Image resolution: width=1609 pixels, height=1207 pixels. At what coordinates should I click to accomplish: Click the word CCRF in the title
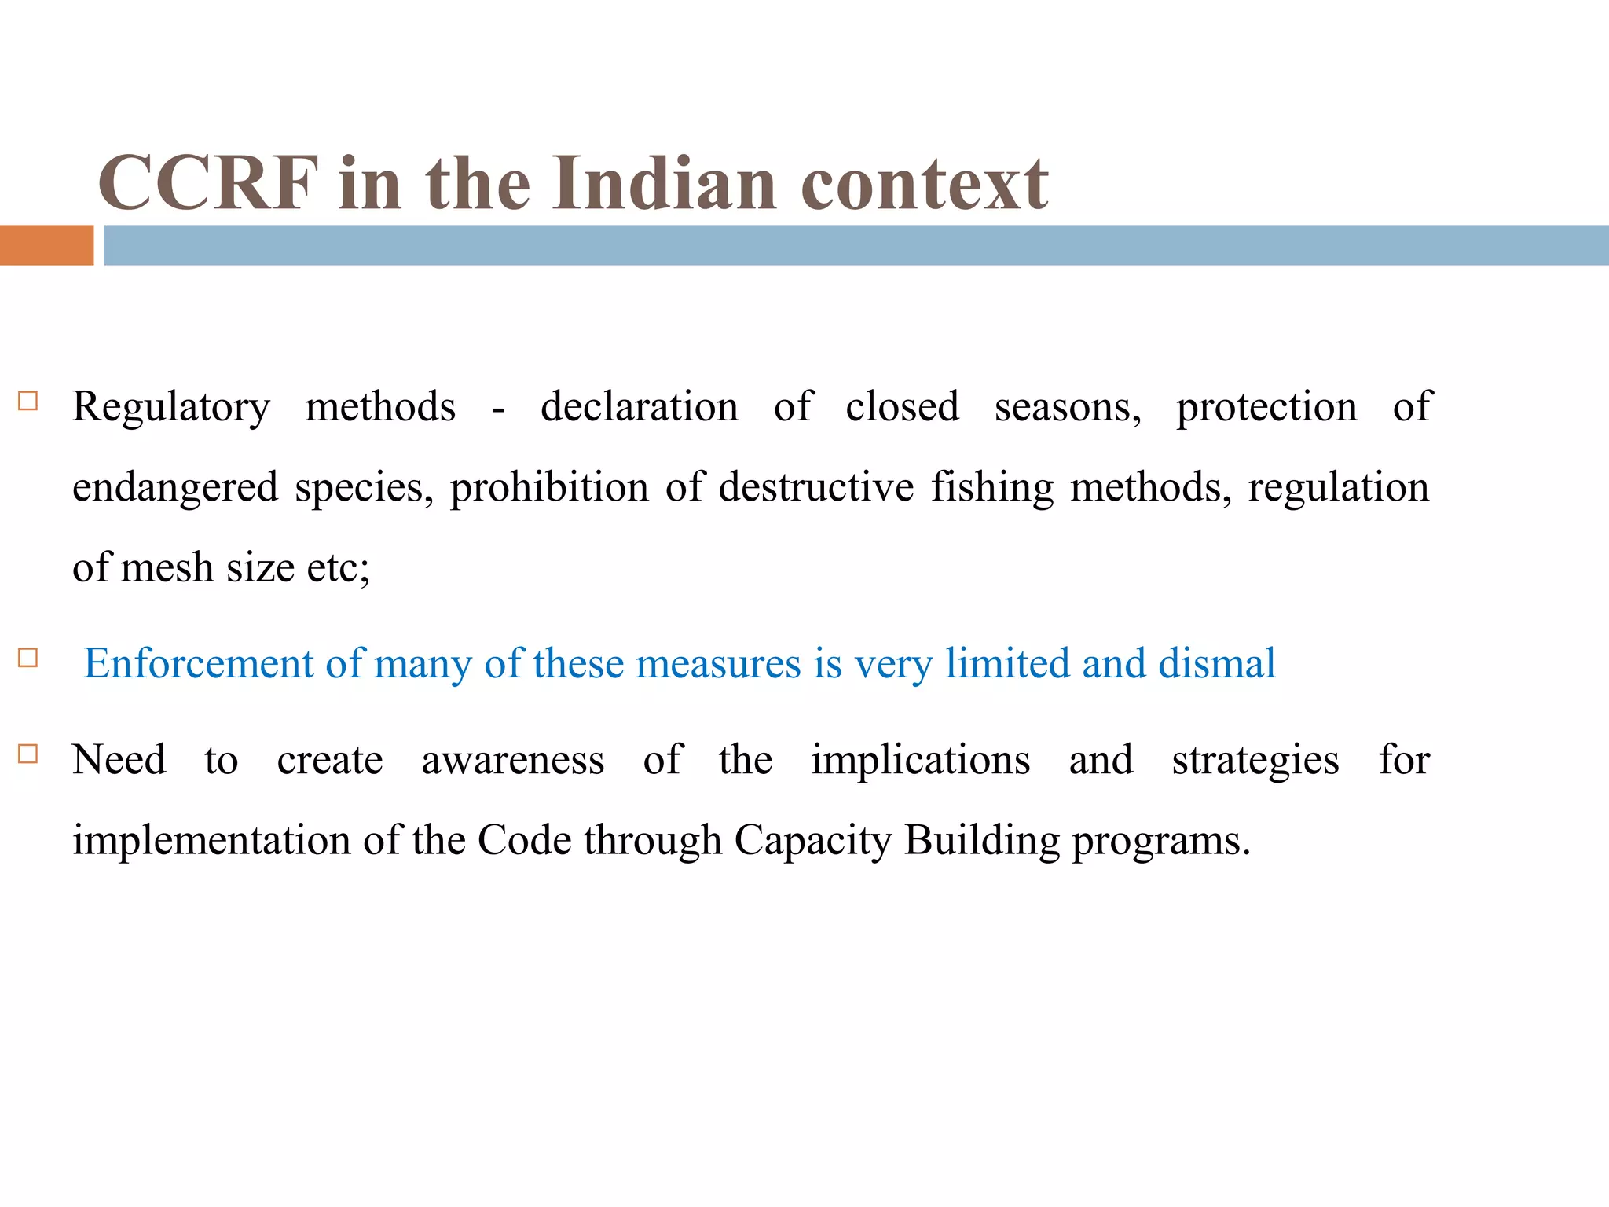209,184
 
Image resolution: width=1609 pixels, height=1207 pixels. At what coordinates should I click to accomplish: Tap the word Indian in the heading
665,184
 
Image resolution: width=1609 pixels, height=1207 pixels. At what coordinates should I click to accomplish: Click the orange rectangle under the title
46,245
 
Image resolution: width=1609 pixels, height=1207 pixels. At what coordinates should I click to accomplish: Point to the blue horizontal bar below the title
856,245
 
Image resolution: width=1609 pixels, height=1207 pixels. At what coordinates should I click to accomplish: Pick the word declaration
640,407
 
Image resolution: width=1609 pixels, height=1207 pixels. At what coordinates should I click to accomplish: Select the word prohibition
549,487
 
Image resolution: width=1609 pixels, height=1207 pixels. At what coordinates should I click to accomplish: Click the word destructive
816,487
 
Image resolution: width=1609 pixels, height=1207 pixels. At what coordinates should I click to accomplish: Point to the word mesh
167,567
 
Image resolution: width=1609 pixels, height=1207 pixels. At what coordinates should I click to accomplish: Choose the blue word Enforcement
199,663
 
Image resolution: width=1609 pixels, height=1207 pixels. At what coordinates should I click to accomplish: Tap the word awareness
513,761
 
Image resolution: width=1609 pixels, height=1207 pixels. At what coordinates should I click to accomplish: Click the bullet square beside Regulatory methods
28,402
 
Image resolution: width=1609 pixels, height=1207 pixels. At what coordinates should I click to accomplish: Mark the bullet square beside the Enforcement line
28,658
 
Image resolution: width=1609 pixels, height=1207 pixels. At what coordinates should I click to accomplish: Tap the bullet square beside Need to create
28,754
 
